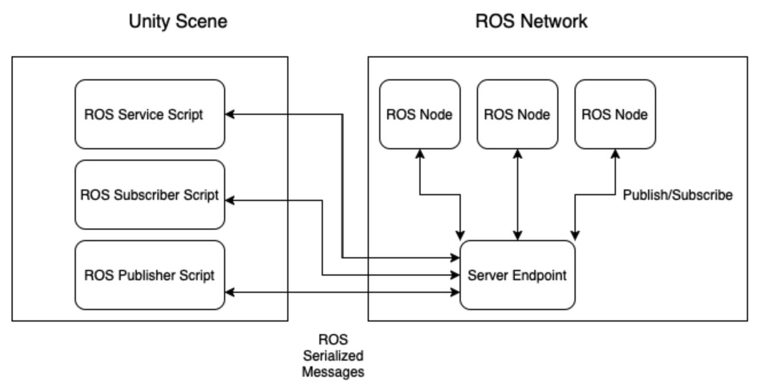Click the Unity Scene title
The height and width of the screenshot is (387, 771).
click(x=178, y=21)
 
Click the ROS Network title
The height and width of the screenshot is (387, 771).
click(x=531, y=21)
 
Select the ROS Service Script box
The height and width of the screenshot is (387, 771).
click(x=150, y=114)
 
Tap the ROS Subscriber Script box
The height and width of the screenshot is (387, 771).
click(x=150, y=195)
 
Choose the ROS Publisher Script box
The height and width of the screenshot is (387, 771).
click(x=150, y=275)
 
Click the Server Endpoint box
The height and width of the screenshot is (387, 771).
click(x=517, y=275)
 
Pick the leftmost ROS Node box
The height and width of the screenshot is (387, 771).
click(x=420, y=114)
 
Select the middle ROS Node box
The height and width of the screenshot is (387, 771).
click(x=518, y=114)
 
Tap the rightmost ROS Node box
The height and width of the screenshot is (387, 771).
click(x=615, y=114)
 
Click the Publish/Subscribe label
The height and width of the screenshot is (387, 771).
click(x=678, y=195)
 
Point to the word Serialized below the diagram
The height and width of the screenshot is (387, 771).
click(x=333, y=355)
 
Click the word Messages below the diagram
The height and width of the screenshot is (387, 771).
click(x=333, y=372)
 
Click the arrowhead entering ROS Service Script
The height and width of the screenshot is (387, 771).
click(x=230, y=114)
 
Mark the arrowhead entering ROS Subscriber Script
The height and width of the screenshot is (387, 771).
click(x=230, y=200)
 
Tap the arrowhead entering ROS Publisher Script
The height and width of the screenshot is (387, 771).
click(x=230, y=292)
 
